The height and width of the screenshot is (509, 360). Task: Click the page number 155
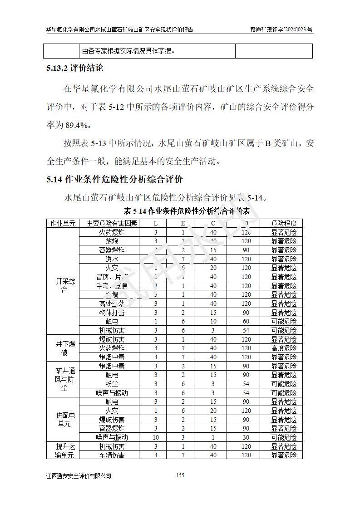click(180, 475)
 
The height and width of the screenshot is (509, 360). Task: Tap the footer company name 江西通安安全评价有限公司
click(79, 475)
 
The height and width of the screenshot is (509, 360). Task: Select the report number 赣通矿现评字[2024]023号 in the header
click(281, 29)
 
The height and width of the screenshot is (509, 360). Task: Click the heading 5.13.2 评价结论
click(75, 69)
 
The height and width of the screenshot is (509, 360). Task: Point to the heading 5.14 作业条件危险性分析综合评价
click(114, 179)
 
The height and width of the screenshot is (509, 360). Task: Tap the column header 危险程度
click(284, 223)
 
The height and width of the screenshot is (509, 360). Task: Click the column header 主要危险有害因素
click(112, 223)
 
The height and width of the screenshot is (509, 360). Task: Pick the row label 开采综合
click(63, 285)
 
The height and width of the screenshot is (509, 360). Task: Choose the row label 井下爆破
click(63, 348)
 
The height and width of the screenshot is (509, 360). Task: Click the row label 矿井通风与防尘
click(63, 379)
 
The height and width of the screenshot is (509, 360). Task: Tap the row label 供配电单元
click(63, 419)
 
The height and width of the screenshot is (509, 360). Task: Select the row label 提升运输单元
click(63, 450)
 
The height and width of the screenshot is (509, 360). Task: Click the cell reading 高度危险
click(284, 348)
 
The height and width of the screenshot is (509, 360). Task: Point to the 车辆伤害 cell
click(112, 455)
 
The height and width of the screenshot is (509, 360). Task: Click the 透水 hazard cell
click(112, 259)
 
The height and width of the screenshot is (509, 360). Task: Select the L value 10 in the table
click(156, 437)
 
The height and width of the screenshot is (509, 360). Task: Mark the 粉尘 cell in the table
click(112, 384)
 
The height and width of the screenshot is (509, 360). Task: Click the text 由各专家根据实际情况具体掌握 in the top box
click(128, 51)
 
